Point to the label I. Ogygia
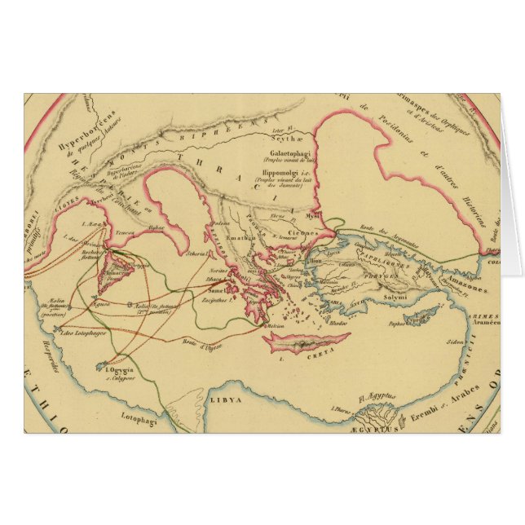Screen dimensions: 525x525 pyautogui.click(x=119, y=368)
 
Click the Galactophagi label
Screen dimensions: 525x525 pyautogui.click(x=281, y=152)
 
